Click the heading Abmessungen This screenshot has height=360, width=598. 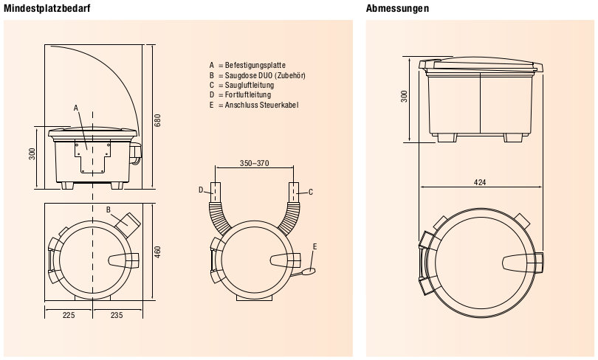[x=397, y=8]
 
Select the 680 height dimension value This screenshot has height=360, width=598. [x=157, y=120]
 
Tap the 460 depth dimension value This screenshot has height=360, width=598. [x=157, y=252]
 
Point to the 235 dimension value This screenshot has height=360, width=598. [x=117, y=314]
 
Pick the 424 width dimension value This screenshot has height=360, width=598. [x=481, y=181]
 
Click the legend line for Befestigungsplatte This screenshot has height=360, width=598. [x=247, y=65]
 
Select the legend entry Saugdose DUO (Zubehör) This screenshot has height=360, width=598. [x=258, y=75]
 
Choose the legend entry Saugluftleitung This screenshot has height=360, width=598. [x=243, y=85]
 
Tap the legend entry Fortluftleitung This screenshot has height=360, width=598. [x=240, y=95]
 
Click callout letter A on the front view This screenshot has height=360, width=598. [x=76, y=108]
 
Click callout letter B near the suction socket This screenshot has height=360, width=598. [x=108, y=210]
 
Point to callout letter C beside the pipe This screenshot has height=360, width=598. [x=311, y=192]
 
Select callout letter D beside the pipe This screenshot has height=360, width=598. [x=201, y=190]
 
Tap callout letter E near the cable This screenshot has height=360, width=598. [x=315, y=246]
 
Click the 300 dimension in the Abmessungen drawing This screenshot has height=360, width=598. [x=404, y=96]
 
